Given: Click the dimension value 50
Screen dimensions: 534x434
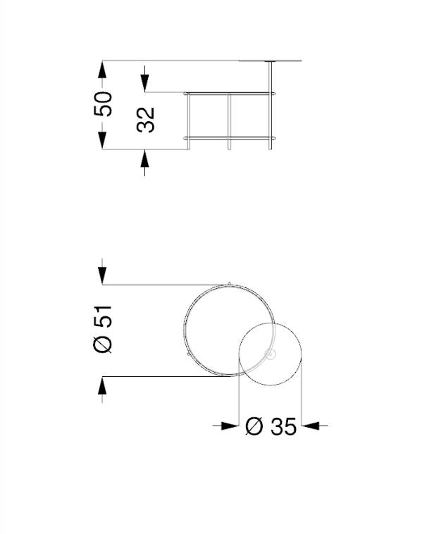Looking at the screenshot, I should [x=103, y=104].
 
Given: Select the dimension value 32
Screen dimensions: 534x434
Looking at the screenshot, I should [x=146, y=119].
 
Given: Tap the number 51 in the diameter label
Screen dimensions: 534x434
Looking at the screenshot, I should [x=104, y=318].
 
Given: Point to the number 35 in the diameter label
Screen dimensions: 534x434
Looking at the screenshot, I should [x=282, y=426].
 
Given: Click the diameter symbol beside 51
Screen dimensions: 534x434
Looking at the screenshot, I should [x=104, y=344].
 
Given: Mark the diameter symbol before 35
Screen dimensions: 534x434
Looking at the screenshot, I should [x=254, y=426].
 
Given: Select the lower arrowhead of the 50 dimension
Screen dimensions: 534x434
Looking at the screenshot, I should [x=103, y=141].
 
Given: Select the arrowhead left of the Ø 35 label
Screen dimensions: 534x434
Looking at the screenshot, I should [x=230, y=426].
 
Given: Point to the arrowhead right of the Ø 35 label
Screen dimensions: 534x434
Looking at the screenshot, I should [x=311, y=426].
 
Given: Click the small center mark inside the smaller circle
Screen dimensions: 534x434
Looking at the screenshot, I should [x=269, y=354].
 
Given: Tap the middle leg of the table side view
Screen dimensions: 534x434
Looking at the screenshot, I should [x=230, y=120].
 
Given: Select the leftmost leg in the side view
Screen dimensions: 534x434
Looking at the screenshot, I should [x=189, y=120].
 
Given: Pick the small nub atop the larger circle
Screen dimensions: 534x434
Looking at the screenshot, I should [x=229, y=284].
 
